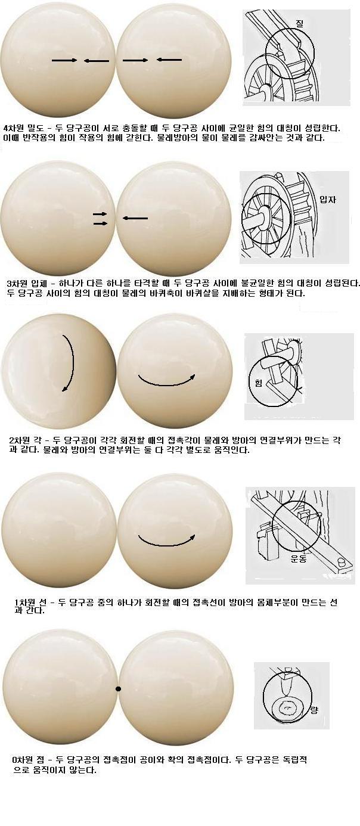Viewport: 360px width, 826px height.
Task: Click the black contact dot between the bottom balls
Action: pyautogui.click(x=119, y=688)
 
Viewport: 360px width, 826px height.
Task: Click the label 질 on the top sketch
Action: pyautogui.click(x=300, y=24)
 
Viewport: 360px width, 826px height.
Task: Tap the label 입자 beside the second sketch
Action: pyautogui.click(x=328, y=200)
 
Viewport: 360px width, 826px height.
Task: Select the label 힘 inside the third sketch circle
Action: pyautogui.click(x=258, y=383)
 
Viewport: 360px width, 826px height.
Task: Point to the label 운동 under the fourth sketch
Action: pyautogui.click(x=299, y=558)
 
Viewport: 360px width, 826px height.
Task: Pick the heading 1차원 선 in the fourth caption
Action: pyautogui.click(x=30, y=603)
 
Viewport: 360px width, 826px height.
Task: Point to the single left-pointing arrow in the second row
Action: pyautogui.click(x=135, y=218)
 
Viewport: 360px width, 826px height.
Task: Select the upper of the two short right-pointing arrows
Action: pyautogui.click(x=100, y=214)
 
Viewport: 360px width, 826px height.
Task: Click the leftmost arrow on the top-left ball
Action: pyautogui.click(x=64, y=60)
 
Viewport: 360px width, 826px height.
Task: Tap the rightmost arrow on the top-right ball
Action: pyautogui.click(x=169, y=60)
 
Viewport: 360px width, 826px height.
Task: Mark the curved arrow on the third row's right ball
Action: pyautogui.click(x=166, y=384)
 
